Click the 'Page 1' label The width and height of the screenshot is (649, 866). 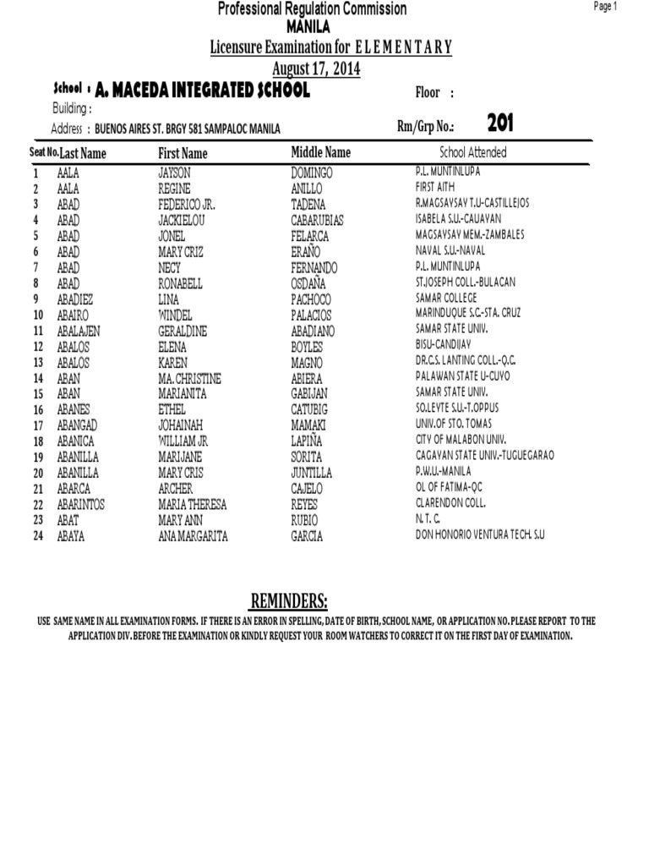[x=606, y=7]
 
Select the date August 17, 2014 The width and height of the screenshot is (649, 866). [x=316, y=69]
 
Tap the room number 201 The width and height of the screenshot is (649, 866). [x=500, y=124]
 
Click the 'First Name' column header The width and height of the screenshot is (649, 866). [x=183, y=153]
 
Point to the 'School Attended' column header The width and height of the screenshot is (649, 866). [x=473, y=152]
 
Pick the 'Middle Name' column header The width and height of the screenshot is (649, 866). [x=320, y=152]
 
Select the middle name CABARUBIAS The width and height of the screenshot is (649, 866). [x=317, y=221]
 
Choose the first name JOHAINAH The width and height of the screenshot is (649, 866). [x=182, y=425]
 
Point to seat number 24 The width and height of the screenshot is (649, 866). [x=37, y=536]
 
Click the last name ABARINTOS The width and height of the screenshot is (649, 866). [x=82, y=505]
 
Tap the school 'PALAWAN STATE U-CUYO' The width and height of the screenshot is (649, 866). [x=463, y=376]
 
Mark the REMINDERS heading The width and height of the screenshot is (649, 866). [x=288, y=601]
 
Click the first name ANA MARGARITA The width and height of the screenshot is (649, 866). [x=193, y=536]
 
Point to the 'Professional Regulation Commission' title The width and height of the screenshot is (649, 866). [x=313, y=9]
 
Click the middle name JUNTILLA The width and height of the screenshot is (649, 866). [x=311, y=474]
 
